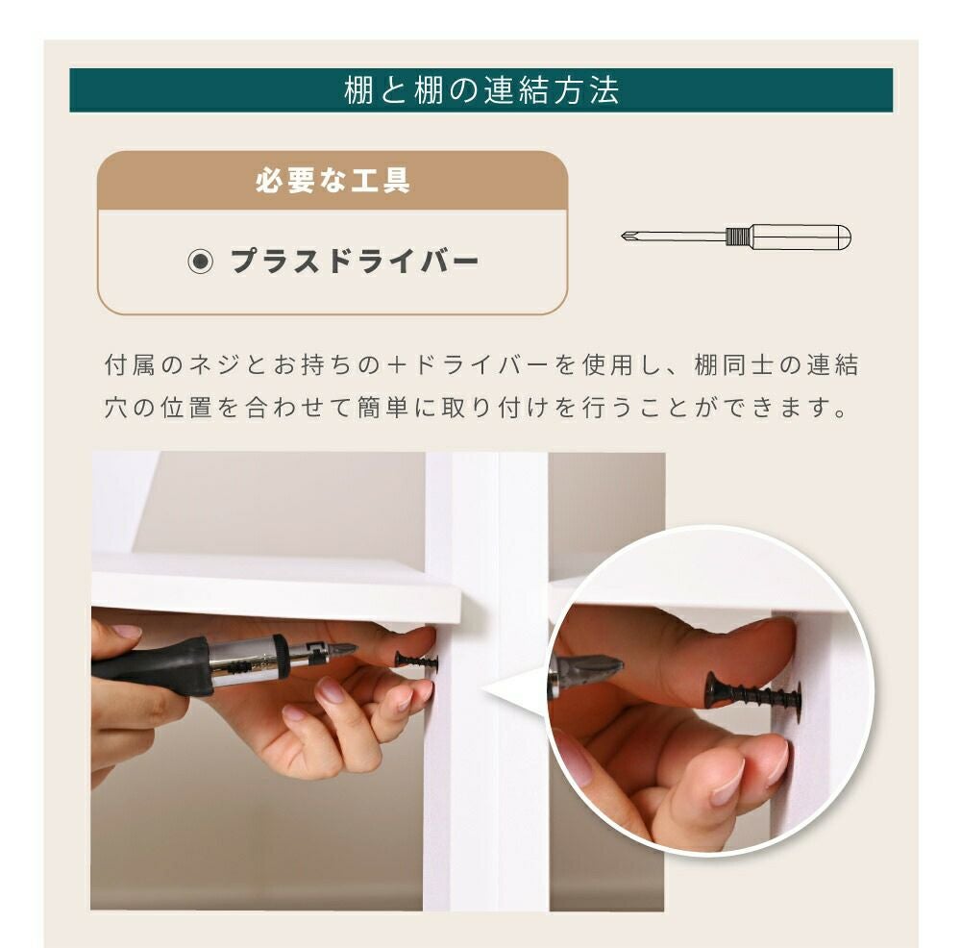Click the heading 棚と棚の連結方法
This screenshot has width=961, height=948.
pyautogui.click(x=481, y=90)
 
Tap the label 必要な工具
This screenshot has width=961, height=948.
pyautogui.click(x=333, y=181)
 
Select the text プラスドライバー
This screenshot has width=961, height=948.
pyautogui.click(x=355, y=262)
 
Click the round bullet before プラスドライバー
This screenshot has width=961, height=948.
pyautogui.click(x=201, y=262)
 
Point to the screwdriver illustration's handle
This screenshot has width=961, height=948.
pyautogui.click(x=801, y=237)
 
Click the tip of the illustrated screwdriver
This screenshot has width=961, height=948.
pyautogui.click(x=622, y=236)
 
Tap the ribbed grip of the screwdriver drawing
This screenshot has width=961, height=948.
pyautogui.click(x=738, y=237)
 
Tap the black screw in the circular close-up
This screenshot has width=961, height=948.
pyautogui.click(x=753, y=692)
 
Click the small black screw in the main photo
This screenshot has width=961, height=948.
pyautogui.click(x=417, y=661)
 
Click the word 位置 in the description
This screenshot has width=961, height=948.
pyautogui.click(x=186, y=408)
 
